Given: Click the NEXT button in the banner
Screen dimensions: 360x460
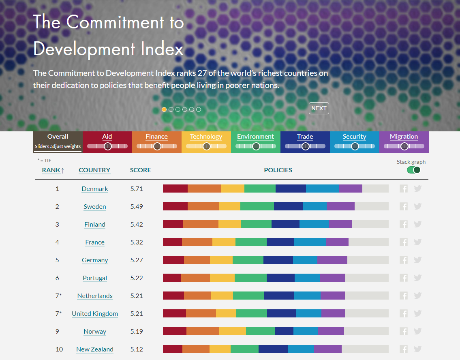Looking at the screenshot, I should [x=319, y=108].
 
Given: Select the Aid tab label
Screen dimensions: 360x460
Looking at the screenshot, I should [x=107, y=137].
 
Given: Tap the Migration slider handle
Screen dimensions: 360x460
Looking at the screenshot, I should [x=404, y=146].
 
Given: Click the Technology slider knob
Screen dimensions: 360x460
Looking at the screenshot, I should [x=206, y=146].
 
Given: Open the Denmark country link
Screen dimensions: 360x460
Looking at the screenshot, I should [x=95, y=189].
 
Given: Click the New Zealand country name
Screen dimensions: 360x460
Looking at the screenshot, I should [x=95, y=349].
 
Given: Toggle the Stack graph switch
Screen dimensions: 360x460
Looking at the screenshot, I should [x=413, y=170].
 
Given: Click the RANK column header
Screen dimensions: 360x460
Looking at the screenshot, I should [x=53, y=170].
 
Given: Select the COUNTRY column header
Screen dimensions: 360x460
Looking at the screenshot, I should [x=94, y=170].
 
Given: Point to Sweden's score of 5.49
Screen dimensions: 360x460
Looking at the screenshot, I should [x=137, y=207].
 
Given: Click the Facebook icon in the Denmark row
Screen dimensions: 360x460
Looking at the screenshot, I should [x=403, y=189].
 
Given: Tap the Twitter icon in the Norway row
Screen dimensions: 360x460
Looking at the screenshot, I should [x=418, y=331].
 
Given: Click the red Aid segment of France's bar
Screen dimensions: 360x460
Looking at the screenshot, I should [x=172, y=242].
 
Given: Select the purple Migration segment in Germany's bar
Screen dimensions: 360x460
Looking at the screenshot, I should [x=332, y=260].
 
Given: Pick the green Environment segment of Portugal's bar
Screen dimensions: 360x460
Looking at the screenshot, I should [x=250, y=278].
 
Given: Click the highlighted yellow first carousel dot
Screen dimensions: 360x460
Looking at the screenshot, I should [x=164, y=109].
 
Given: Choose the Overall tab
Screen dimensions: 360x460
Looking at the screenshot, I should [x=58, y=137].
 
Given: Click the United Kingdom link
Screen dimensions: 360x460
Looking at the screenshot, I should [x=95, y=314].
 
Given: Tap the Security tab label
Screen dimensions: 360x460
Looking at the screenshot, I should [x=354, y=137].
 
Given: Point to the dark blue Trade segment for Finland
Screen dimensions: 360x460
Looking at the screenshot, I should [x=285, y=224].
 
